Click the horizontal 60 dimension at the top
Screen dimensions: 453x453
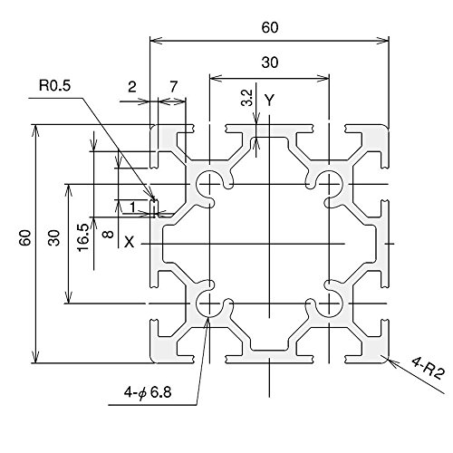click(270, 28)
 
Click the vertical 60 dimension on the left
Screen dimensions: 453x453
click(24, 237)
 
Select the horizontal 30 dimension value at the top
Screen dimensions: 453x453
click(270, 63)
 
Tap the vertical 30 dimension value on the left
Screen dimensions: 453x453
click(54, 237)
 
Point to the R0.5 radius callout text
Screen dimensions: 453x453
click(54, 85)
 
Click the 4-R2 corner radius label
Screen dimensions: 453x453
click(429, 368)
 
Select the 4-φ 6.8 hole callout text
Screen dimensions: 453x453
click(148, 392)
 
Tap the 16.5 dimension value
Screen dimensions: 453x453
click(83, 237)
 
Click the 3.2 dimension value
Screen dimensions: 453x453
click(247, 97)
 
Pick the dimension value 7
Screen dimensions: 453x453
click(173, 87)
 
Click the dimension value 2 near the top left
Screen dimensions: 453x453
click(132, 87)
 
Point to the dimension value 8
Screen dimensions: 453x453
click(109, 234)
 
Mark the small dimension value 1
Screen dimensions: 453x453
click(132, 207)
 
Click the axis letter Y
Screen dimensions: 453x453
click(269, 100)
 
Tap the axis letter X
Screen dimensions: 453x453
click(130, 242)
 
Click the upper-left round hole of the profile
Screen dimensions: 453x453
click(209, 184)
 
